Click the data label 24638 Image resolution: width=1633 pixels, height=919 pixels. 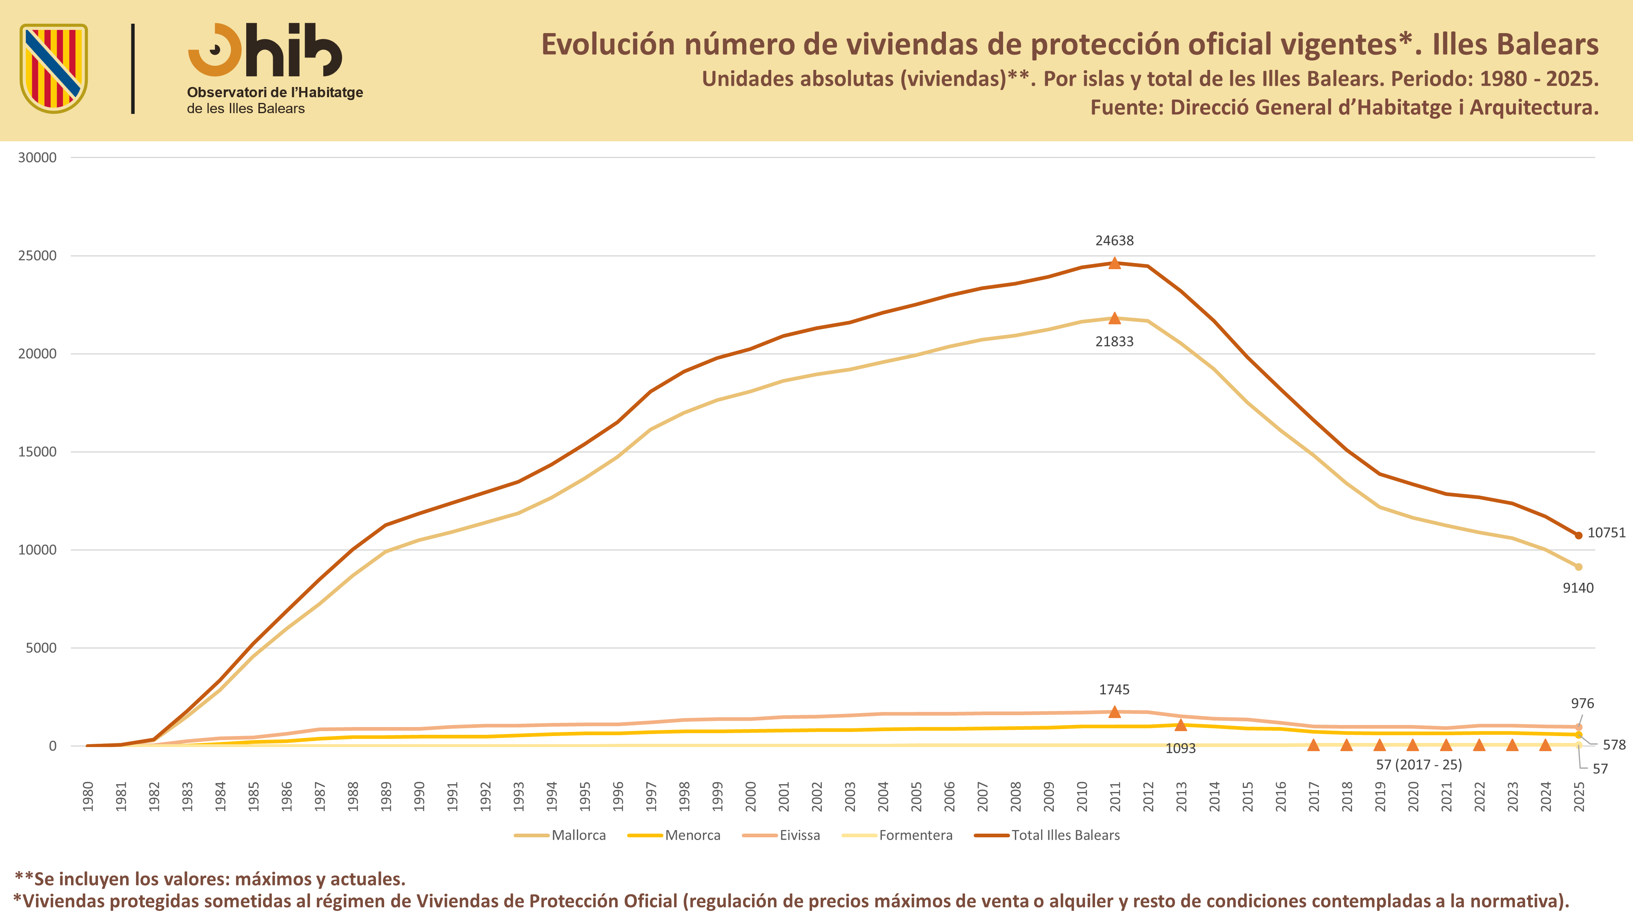pos(1115,241)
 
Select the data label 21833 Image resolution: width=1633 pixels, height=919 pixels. pos(1115,341)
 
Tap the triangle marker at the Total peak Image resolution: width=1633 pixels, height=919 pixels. pos(1115,263)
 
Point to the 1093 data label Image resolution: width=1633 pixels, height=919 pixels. pos(1180,748)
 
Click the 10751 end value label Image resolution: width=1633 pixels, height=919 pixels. pos(1606,533)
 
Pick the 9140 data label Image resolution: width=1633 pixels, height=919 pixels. pos(1578,588)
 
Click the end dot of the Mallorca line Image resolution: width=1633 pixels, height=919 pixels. pos(1578,567)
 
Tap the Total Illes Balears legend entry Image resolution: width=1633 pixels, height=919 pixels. pos(1047,835)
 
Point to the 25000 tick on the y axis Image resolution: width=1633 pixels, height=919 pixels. pos(37,256)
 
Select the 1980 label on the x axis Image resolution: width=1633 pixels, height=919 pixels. pos(88,796)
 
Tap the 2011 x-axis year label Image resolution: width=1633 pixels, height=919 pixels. pos(1115,796)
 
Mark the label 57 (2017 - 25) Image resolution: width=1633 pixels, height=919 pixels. pos(1419,765)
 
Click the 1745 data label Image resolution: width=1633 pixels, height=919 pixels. pos(1115,689)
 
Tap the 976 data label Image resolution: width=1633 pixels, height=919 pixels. pos(1582,703)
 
